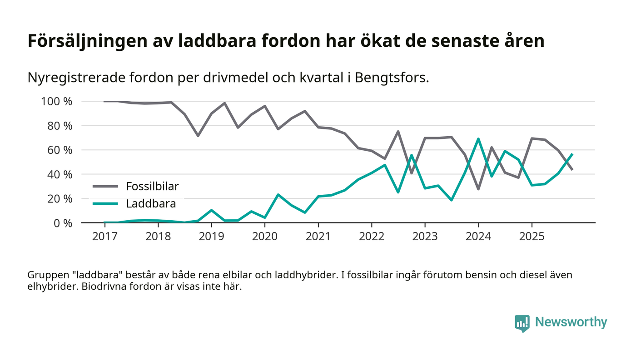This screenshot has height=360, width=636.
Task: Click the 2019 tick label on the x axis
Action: tap(211, 237)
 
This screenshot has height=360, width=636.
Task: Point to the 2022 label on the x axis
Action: tap(372, 237)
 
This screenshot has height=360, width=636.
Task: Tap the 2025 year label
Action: tap(532, 237)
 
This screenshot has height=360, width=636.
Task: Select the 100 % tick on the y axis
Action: tap(57, 101)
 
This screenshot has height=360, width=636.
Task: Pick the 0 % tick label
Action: tap(62, 223)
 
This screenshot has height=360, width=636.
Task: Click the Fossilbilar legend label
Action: tap(152, 186)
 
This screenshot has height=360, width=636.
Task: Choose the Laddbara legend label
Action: tap(151, 204)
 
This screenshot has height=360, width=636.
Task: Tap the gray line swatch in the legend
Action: tap(106, 186)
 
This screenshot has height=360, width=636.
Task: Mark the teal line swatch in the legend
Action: tap(106, 204)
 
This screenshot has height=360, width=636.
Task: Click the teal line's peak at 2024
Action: tap(478, 139)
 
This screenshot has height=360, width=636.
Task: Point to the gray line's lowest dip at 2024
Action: tap(478, 189)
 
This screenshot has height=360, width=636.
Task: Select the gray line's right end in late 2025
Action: tap(572, 169)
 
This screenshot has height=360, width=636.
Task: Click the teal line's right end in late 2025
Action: tap(572, 154)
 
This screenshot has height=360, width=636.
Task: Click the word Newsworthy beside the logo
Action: tap(571, 322)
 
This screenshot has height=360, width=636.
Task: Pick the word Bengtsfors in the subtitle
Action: tap(390, 78)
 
